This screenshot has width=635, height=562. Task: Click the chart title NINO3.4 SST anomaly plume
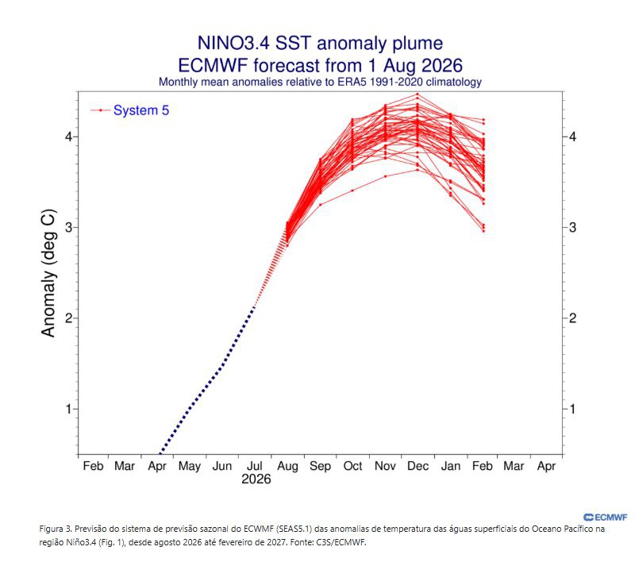pyautogui.click(x=320, y=43)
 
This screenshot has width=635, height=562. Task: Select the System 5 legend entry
pyautogui.click(x=129, y=110)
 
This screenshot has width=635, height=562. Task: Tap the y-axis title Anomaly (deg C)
pyautogui.click(x=48, y=273)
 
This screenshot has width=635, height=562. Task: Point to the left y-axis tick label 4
pyautogui.click(x=68, y=137)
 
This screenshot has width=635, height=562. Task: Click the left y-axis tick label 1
pyautogui.click(x=68, y=409)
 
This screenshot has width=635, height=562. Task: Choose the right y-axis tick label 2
pyautogui.click(x=572, y=318)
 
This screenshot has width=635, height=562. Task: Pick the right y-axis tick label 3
pyautogui.click(x=572, y=227)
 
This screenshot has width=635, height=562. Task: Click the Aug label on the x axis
pyautogui.click(x=287, y=467)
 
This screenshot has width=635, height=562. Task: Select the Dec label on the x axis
pyautogui.click(x=418, y=466)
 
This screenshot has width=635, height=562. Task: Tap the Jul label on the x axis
pyautogui.click(x=254, y=466)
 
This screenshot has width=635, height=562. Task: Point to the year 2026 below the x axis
pyautogui.click(x=256, y=479)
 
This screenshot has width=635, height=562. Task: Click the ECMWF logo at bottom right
pyautogui.click(x=606, y=517)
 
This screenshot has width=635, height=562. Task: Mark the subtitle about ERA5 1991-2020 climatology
pyautogui.click(x=320, y=82)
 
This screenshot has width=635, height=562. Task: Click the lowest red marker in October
pyautogui.click(x=352, y=191)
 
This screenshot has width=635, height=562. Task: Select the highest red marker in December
pyautogui.click(x=418, y=94)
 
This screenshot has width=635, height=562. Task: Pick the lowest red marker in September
pyautogui.click(x=321, y=205)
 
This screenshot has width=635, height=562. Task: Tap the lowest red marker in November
pyautogui.click(x=385, y=176)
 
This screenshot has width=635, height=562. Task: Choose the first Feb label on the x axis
pyautogui.click(x=93, y=466)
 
